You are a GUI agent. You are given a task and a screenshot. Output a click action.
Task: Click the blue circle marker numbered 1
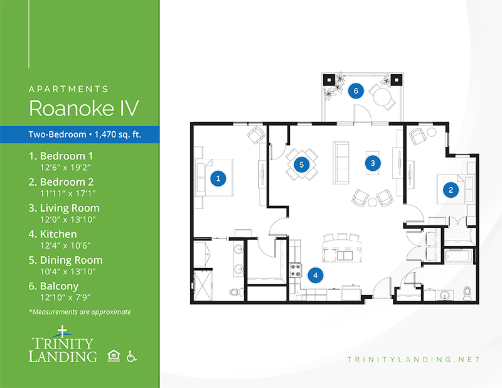click(x=218, y=178)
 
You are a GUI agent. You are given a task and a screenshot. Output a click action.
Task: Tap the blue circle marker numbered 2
click(x=451, y=190)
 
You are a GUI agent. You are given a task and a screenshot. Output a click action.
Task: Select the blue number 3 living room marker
click(x=373, y=163)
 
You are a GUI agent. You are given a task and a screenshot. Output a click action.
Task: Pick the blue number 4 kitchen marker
click(x=316, y=275)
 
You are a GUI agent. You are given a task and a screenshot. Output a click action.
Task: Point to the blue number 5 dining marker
click(x=301, y=164)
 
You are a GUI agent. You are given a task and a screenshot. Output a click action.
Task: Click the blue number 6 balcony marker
click(x=356, y=91)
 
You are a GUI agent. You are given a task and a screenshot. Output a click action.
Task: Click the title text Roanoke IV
click(x=84, y=108)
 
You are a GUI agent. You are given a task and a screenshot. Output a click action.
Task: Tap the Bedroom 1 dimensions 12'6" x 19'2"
click(x=65, y=168)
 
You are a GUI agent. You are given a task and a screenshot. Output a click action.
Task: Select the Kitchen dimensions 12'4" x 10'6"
click(x=65, y=245)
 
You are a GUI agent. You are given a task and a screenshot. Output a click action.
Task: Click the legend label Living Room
click(x=70, y=208)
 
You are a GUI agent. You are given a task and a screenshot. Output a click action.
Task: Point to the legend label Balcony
click(x=59, y=286)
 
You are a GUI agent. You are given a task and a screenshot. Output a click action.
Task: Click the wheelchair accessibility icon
click(x=131, y=356)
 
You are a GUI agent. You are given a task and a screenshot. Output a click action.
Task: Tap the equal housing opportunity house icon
click(x=114, y=356)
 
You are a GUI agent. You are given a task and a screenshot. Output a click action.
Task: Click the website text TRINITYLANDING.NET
click(x=414, y=360)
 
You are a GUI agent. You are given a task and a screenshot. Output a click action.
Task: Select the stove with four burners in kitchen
click(x=296, y=270)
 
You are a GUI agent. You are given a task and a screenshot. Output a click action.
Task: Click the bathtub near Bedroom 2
click(x=459, y=256)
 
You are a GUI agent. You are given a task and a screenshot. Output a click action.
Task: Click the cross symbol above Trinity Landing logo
click(x=62, y=331)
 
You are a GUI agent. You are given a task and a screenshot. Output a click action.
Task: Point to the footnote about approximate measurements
click(x=80, y=312)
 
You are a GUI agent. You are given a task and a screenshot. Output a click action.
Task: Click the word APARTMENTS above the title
click(x=68, y=89)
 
